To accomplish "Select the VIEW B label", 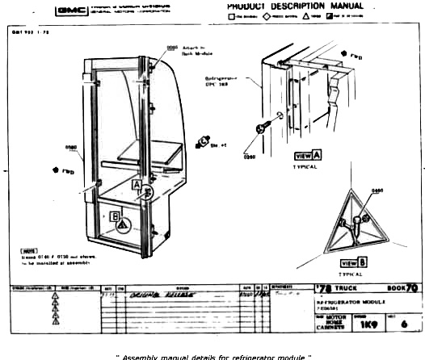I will coord(354,262).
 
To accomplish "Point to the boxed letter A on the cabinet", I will coord(137,185).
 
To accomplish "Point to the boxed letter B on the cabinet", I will coord(116,216).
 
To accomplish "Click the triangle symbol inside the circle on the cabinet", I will coord(122,228).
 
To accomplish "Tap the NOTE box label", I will coord(29,251).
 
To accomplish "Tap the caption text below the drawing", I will coord(212,354).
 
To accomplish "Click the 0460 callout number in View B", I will coord(377,190).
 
